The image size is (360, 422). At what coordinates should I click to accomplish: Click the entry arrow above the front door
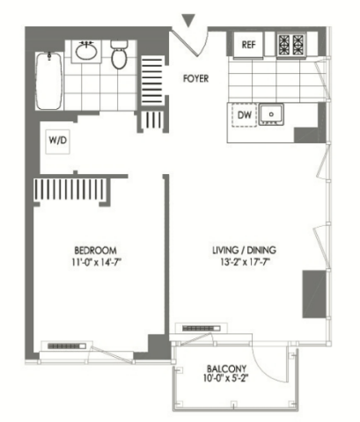(188, 20)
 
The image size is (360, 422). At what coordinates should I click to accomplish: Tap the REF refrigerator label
(248, 45)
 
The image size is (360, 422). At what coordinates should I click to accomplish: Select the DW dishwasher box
(244, 115)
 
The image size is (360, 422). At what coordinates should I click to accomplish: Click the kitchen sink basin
(271, 114)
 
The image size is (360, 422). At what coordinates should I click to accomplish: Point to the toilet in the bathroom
(119, 55)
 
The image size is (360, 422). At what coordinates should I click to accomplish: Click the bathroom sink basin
(86, 52)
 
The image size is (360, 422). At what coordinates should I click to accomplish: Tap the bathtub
(49, 81)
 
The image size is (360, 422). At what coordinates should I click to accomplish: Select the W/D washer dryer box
(58, 142)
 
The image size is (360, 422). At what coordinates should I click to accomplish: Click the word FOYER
(195, 78)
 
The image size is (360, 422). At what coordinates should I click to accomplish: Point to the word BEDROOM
(95, 251)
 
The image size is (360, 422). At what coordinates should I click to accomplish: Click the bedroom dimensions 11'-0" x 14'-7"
(97, 262)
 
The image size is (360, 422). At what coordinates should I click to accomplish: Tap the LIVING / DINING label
(244, 250)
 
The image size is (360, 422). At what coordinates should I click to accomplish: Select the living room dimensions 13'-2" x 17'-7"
(245, 262)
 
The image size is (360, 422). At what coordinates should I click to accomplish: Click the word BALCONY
(226, 368)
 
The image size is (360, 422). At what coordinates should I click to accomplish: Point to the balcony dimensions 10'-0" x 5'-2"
(225, 378)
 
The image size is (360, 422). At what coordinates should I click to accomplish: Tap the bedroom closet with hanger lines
(70, 189)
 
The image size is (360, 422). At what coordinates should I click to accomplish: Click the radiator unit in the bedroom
(67, 346)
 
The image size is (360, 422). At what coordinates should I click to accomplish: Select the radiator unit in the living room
(202, 328)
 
